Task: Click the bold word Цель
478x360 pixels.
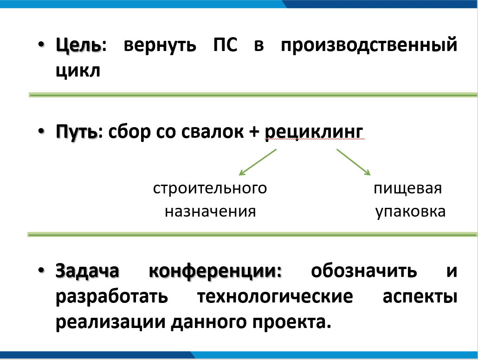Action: pos(78,46)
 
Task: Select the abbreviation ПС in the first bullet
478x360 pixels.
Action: pos(226,46)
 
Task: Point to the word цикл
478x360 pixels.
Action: pos(78,72)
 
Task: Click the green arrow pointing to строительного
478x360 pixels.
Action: pos(258,162)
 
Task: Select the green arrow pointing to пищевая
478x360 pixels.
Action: pos(354,162)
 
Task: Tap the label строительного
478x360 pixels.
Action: pos(210,189)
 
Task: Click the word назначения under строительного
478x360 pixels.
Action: pos(210,212)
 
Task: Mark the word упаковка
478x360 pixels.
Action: pos(410,212)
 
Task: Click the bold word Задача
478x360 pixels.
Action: pos(87,271)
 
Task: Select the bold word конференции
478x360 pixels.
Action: pos(215,271)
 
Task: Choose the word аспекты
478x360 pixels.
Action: pos(420,296)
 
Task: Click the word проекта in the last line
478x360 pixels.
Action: pos(291,322)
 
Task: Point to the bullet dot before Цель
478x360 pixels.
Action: pos(42,46)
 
